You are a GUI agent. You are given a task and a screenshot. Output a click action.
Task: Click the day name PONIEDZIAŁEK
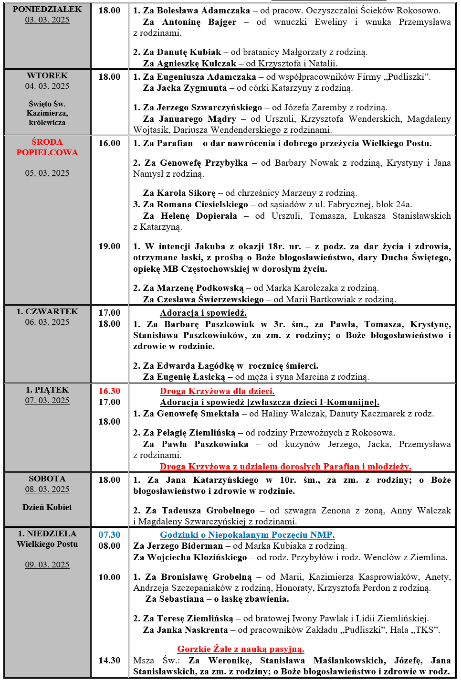tap(47, 9)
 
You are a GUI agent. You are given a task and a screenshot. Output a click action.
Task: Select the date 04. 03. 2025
tap(47, 86)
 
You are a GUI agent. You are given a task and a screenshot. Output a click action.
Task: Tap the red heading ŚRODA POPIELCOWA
tap(47, 147)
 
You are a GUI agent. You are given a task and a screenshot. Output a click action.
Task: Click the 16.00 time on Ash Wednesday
tap(109, 143)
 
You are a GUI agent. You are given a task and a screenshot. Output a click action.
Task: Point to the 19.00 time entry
tap(109, 246)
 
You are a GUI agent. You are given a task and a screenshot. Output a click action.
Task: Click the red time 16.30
tap(109, 391)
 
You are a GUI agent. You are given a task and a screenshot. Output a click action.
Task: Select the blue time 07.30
tap(109, 535)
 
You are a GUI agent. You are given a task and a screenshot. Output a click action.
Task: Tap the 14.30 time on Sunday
tap(109, 661)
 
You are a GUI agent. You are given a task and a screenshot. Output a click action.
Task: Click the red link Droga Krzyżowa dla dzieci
tap(217, 391)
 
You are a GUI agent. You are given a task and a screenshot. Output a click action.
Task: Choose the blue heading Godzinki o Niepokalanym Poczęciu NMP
tap(247, 535)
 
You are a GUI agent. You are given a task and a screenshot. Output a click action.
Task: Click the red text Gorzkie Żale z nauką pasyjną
tap(241, 649)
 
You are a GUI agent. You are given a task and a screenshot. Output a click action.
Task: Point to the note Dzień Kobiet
tap(47, 507)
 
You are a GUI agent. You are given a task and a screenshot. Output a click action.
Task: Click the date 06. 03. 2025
tap(47, 322)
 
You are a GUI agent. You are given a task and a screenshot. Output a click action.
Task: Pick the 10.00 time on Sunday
tap(109, 577)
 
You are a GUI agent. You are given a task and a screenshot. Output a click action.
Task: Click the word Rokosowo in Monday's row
tap(420, 10)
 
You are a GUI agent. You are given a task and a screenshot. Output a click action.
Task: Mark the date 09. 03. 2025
tap(47, 565)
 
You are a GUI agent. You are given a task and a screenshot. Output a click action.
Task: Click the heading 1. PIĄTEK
tap(47, 390)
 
